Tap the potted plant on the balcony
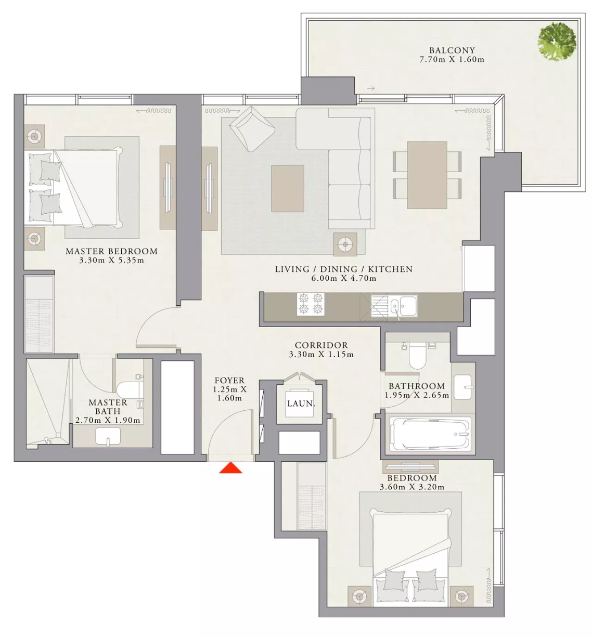[556, 42]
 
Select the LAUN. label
[301, 404]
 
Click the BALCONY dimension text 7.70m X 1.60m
[452, 59]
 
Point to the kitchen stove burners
[311, 304]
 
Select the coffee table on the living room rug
[288, 189]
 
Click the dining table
[427, 175]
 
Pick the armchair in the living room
[252, 128]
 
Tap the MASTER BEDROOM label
[112, 252]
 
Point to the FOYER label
[229, 381]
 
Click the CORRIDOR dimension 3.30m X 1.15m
[321, 355]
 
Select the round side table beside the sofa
[345, 244]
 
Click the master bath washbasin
[108, 436]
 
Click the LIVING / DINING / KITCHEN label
[344, 269]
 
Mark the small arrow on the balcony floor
[371, 88]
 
